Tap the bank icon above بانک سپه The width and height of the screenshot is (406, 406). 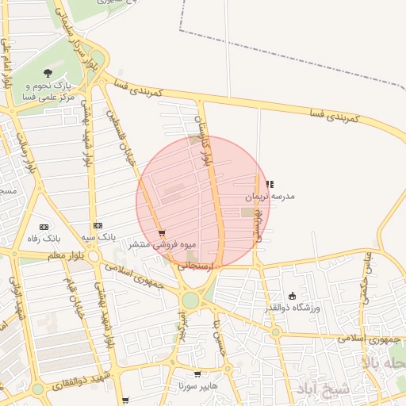[x=98, y=226]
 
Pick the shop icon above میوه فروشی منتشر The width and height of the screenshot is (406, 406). [x=162, y=233]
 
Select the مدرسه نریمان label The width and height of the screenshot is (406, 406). [x=268, y=195]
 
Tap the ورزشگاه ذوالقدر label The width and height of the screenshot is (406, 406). [x=293, y=307]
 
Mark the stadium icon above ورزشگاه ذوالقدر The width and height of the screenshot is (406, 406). [x=292, y=296]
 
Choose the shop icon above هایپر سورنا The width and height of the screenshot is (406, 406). [x=197, y=374]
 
